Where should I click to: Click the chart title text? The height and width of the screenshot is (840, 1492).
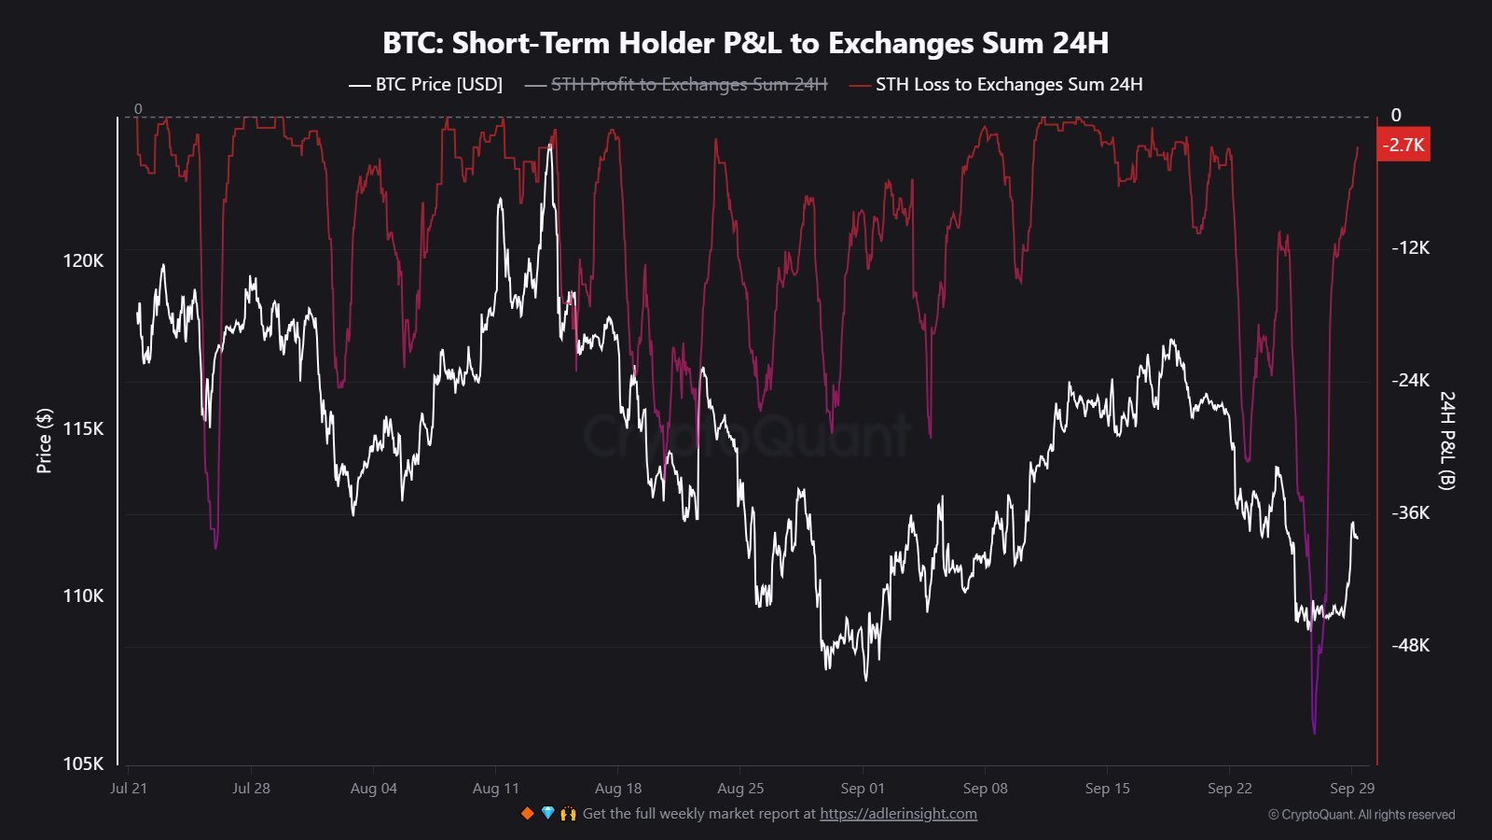[745, 43]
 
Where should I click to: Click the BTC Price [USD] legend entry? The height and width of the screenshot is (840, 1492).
[426, 85]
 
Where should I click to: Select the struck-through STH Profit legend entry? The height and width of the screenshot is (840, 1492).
[677, 85]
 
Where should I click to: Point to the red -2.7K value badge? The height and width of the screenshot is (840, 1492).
[1402, 145]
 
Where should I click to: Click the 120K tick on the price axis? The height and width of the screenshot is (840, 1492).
[84, 260]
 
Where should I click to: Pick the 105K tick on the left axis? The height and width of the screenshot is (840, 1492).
[84, 763]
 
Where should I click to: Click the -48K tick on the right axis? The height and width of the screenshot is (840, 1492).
[1410, 645]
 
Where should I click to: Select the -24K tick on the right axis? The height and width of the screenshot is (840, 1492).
[1410, 380]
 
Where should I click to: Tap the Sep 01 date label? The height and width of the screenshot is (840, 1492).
[863, 789]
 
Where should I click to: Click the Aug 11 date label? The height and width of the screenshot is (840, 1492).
[495, 789]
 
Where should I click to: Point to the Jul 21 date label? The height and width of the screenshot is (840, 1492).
[129, 789]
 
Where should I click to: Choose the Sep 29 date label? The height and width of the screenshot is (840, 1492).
[1351, 789]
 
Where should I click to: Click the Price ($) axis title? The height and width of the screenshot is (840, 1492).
[44, 441]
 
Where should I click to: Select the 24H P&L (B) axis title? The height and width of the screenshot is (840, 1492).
[1446, 441]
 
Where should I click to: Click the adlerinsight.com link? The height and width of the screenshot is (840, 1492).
[898, 814]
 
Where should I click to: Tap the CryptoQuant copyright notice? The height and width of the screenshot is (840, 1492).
[1361, 815]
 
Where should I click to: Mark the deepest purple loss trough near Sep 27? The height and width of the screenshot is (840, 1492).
[1315, 732]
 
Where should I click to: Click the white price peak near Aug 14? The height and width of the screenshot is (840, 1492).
[550, 147]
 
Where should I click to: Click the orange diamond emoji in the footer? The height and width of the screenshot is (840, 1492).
[527, 814]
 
